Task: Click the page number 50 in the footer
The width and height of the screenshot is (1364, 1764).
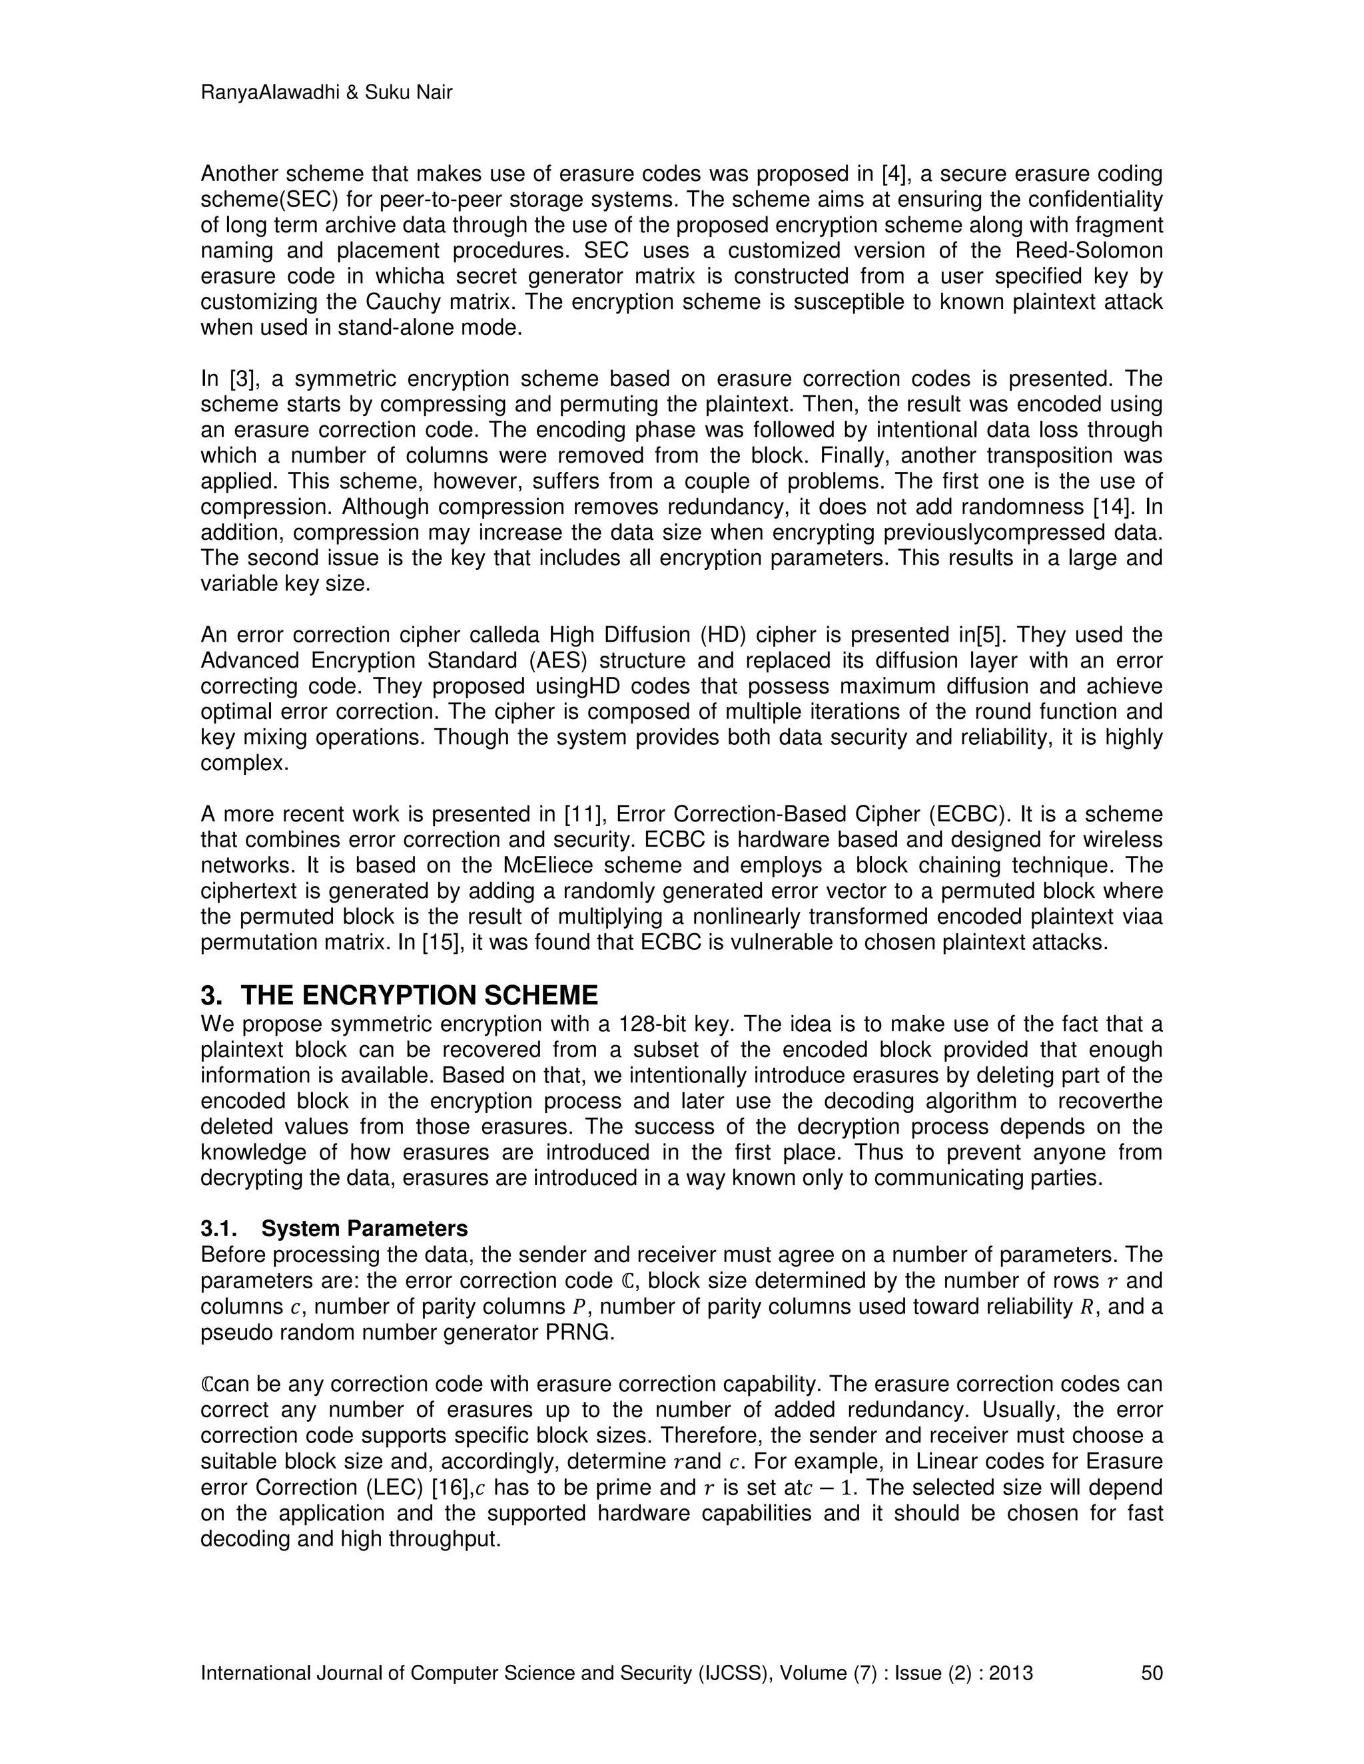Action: tap(1152, 1673)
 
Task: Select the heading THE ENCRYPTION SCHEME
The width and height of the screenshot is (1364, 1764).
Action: tap(420, 994)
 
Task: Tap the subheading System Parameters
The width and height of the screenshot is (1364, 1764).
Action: tap(364, 1229)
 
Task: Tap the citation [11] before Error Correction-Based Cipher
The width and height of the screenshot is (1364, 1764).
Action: tap(583, 814)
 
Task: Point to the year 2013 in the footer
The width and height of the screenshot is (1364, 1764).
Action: tap(1011, 1673)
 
